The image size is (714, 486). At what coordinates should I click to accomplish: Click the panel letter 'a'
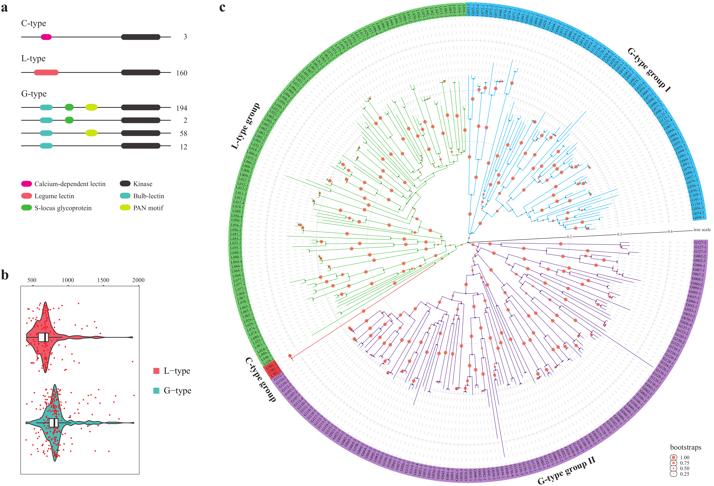click(x=4, y=7)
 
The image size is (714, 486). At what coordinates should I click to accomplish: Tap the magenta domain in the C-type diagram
click(x=46, y=37)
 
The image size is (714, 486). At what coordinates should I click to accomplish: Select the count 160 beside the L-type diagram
click(x=182, y=73)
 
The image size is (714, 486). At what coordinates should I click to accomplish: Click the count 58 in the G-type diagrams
click(x=183, y=133)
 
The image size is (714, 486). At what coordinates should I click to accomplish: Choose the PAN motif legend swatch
click(x=125, y=208)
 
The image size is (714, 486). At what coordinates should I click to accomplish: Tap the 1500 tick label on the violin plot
click(x=103, y=280)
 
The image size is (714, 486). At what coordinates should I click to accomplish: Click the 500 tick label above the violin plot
click(x=32, y=280)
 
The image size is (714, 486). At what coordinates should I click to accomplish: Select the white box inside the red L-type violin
click(x=43, y=337)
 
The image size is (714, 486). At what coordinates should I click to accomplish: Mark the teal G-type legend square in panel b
click(x=156, y=391)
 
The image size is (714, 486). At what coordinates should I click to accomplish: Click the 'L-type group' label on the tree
click(x=245, y=126)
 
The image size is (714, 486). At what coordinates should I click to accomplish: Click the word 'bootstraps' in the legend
click(x=685, y=447)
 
